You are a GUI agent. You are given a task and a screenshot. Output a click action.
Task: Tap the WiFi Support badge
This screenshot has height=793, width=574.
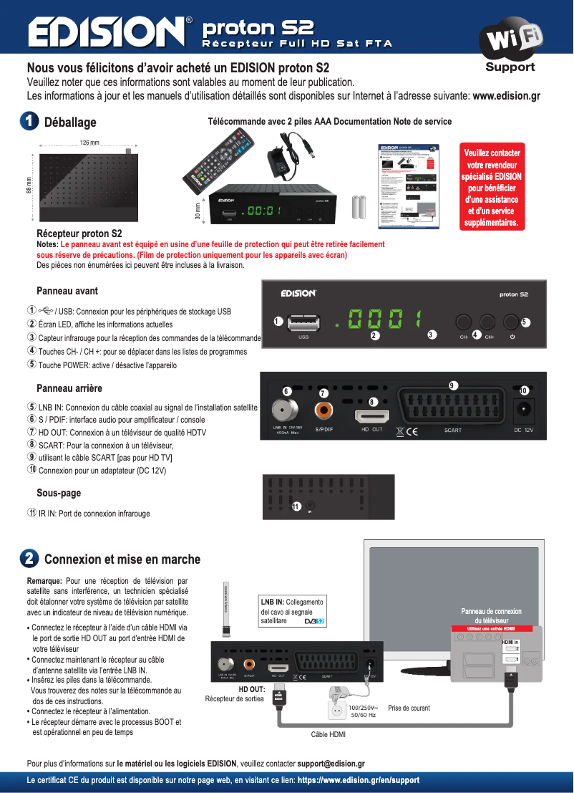pos(510,47)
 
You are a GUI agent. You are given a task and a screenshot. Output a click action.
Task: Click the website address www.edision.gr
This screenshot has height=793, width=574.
pos(506,96)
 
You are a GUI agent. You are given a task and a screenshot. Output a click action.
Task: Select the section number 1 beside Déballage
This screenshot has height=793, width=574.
pos(29,122)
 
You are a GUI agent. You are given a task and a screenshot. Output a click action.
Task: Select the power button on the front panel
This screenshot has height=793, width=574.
pos(512,322)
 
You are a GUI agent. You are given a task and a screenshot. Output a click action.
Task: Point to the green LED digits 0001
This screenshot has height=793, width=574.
pos(384,321)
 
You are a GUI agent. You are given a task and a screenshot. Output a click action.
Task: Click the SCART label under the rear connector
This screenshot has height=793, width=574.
pos(453,431)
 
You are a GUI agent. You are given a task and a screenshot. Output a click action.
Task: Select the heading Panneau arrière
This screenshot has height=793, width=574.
pos(69,388)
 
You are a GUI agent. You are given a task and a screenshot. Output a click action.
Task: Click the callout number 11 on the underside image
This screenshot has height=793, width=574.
pos(296,506)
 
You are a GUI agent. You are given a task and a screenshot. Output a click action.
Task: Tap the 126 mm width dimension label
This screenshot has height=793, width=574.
pos(89,143)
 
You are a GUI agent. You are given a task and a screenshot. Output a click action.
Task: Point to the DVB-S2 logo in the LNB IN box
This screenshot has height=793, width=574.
pos(314,620)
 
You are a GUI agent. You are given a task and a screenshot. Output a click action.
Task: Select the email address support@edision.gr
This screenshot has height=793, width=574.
pos(332,764)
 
